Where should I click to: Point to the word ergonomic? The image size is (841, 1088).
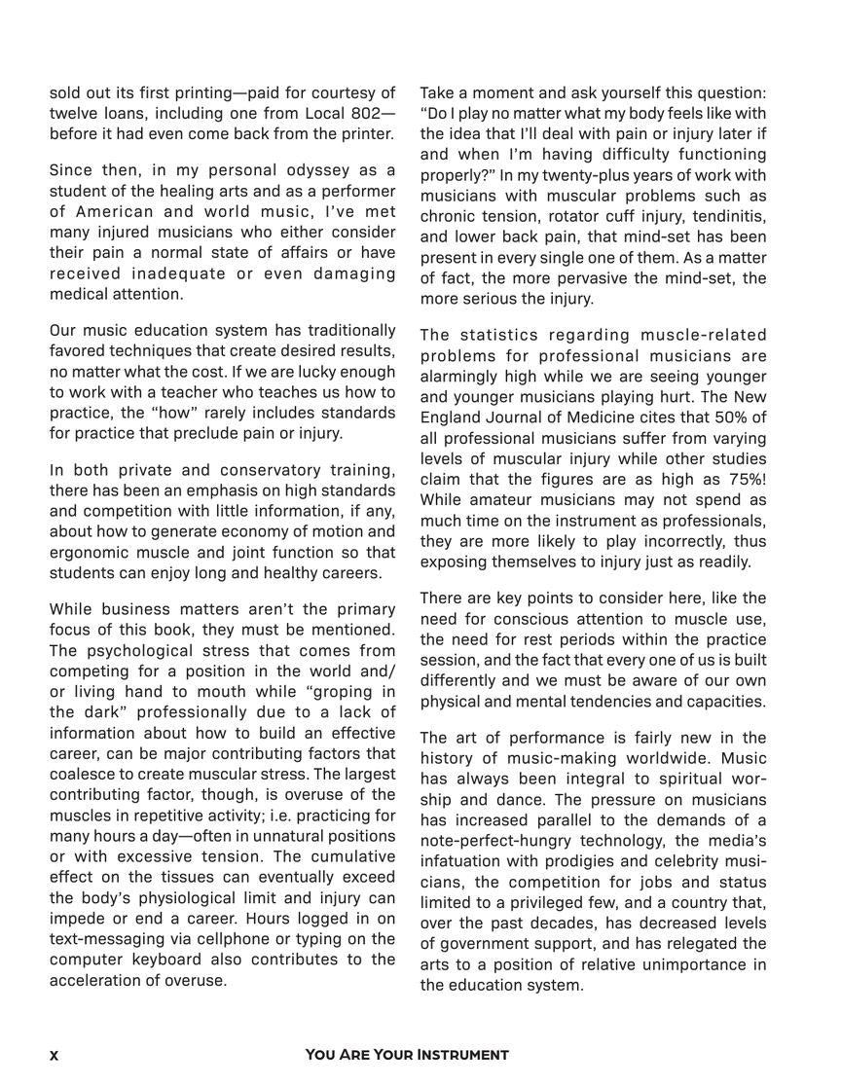88,553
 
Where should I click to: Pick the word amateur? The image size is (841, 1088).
497,500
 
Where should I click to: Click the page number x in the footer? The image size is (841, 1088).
54,1055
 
